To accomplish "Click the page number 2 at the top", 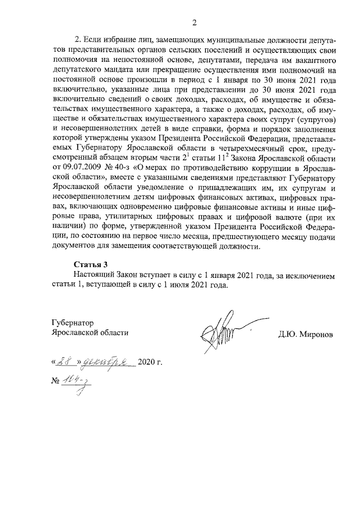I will click(194, 22).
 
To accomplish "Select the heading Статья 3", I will click(90, 264).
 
